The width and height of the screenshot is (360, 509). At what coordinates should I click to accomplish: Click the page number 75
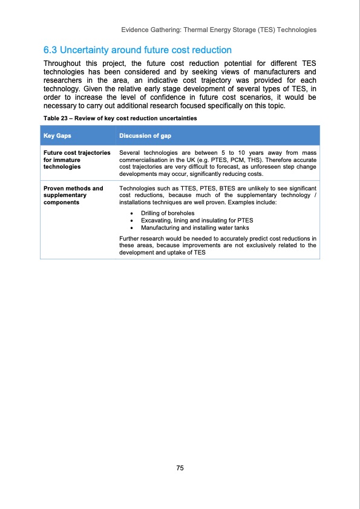[x=180, y=468]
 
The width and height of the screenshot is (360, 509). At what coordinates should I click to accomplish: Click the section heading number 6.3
[x=50, y=49]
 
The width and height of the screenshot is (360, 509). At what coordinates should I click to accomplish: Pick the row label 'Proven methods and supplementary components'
[x=73, y=195]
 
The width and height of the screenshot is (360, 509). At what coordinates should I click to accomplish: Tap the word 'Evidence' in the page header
[x=135, y=30]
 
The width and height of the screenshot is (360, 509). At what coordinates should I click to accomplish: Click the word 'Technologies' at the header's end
[x=298, y=30]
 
